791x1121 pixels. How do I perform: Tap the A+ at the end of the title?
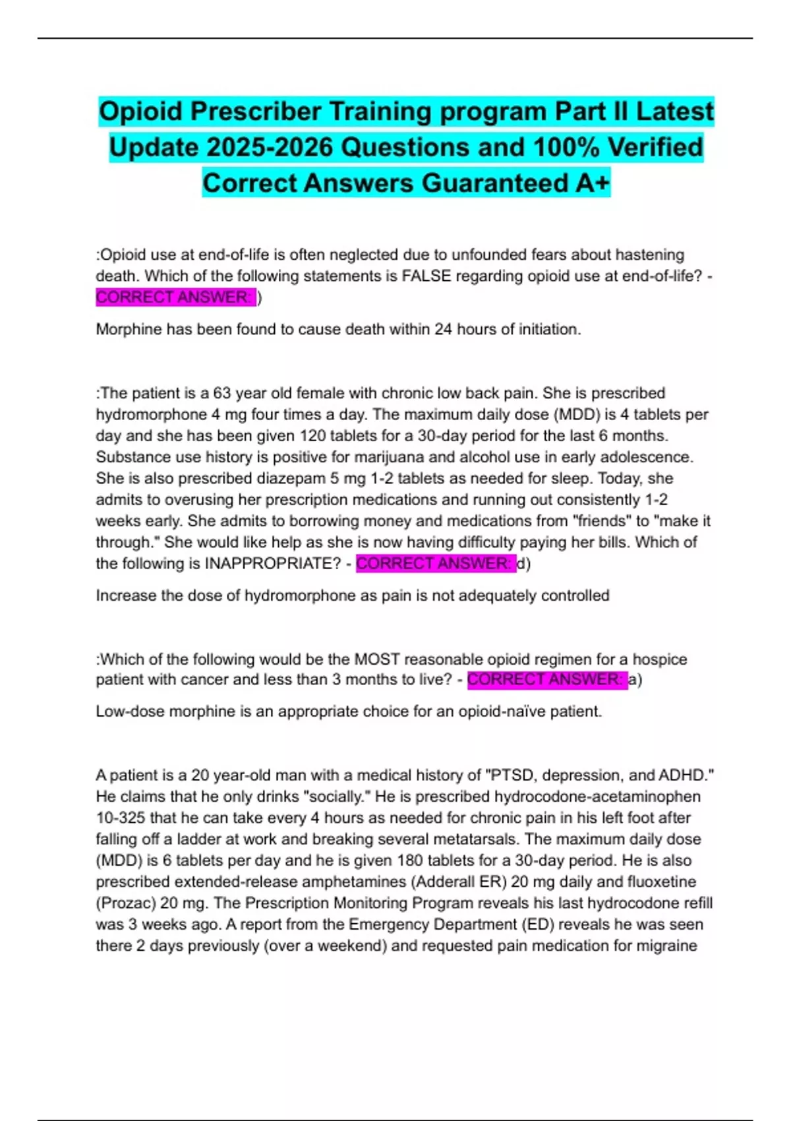[592, 183]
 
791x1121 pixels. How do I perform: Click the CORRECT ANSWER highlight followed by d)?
[435, 564]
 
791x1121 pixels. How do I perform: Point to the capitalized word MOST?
[377, 659]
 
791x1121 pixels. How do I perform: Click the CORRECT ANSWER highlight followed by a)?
[546, 680]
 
